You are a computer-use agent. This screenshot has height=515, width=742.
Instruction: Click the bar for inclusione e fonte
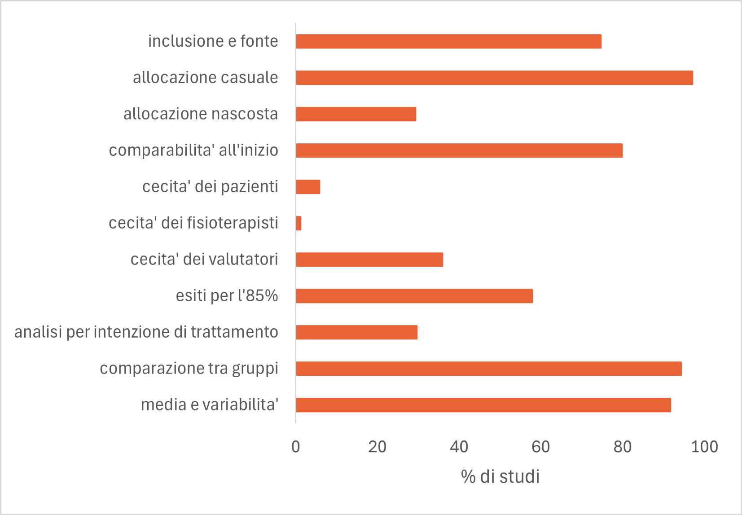(448, 41)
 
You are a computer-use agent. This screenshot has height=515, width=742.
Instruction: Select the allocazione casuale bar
(494, 78)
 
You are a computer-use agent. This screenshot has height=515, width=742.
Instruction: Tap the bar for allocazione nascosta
(356, 114)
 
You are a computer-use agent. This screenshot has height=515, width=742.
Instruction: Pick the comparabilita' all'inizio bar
(459, 150)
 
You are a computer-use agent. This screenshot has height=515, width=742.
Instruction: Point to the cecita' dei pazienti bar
(308, 187)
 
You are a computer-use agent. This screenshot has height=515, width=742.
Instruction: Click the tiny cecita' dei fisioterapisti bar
(299, 223)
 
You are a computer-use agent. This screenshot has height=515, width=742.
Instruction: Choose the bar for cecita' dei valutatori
(369, 260)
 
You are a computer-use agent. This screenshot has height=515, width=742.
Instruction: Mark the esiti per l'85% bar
(414, 296)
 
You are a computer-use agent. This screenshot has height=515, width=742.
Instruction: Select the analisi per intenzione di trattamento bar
(357, 332)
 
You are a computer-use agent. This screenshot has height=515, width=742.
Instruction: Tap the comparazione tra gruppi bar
(489, 369)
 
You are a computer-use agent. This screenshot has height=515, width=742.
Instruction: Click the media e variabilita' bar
(483, 405)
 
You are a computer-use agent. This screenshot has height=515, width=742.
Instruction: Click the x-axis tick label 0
(295, 447)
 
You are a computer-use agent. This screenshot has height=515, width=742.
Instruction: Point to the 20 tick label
(377, 447)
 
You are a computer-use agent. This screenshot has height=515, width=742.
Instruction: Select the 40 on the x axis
(459, 447)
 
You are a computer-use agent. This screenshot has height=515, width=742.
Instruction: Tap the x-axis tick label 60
(540, 447)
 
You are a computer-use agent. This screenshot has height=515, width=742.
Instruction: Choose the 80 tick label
(622, 447)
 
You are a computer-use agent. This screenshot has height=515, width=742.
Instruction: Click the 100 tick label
(704, 447)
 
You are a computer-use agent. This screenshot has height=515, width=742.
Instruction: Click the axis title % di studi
(500, 476)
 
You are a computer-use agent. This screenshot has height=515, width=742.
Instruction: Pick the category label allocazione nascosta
(201, 114)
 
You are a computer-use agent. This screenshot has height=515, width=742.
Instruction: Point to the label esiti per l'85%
(227, 296)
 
